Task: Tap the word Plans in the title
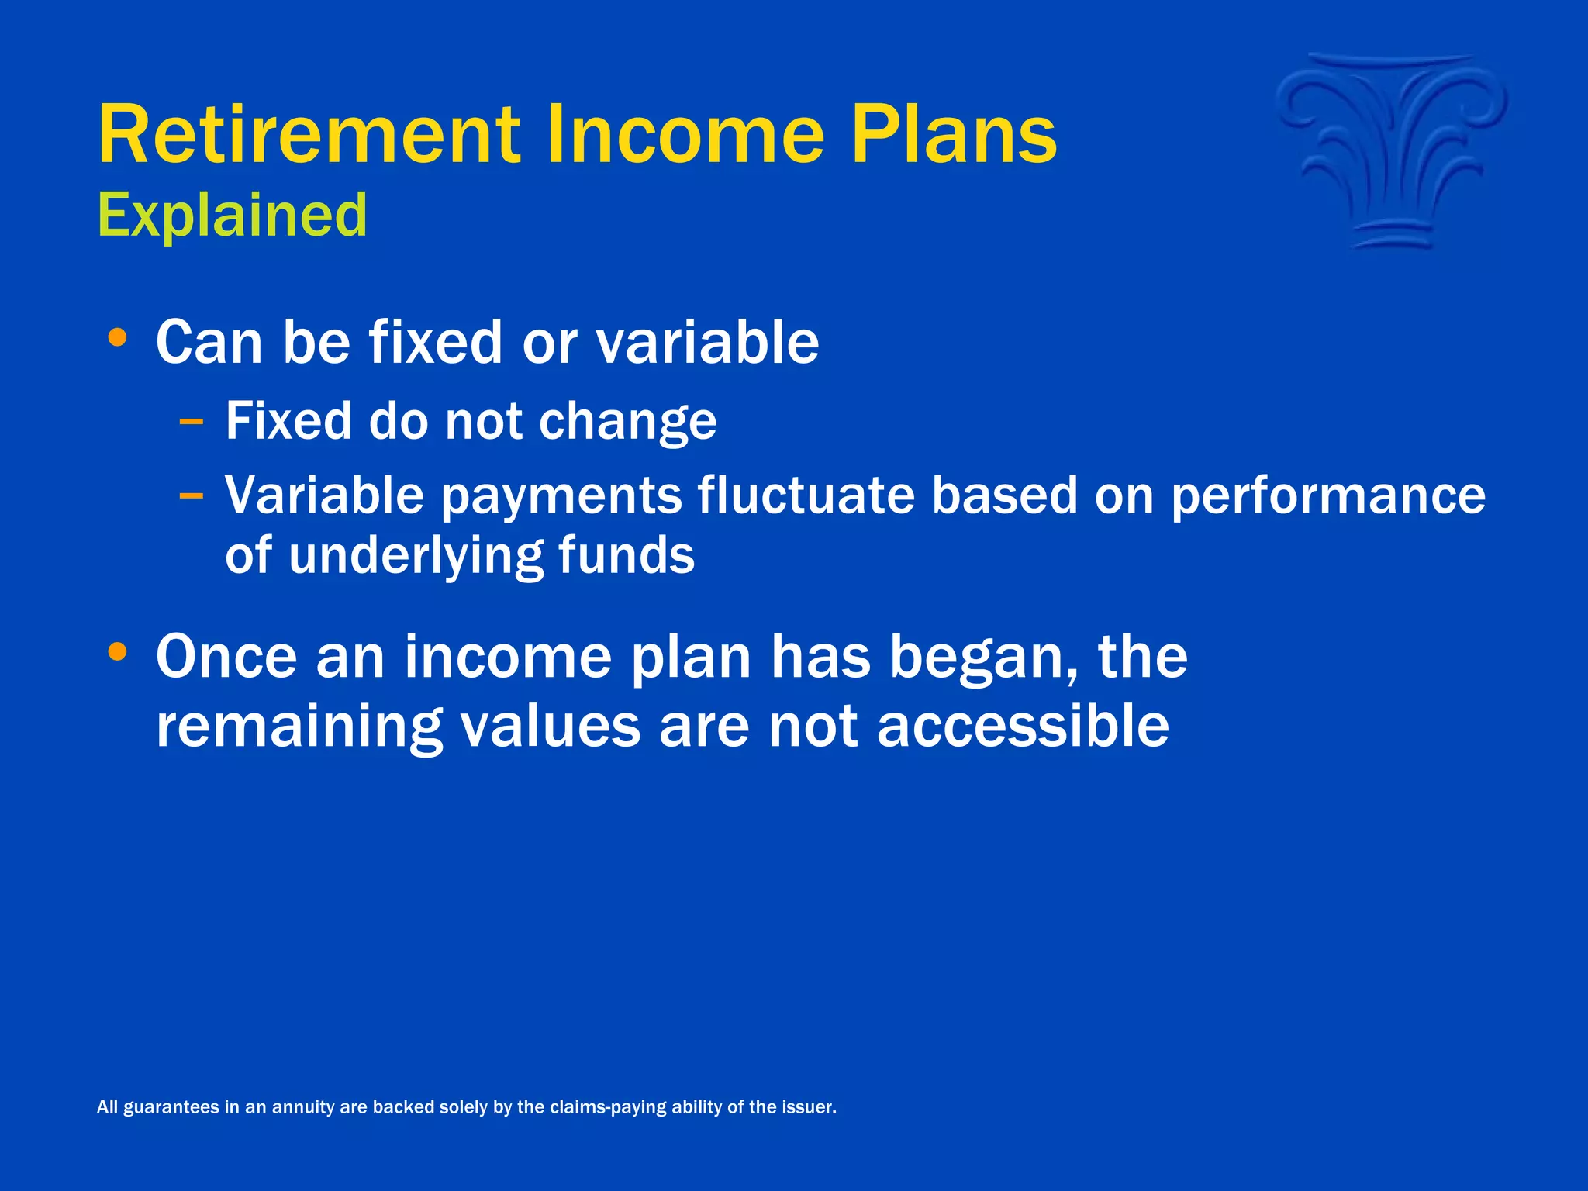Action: (954, 135)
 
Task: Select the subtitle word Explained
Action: (233, 216)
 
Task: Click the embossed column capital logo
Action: (1393, 152)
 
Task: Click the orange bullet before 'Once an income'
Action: (117, 652)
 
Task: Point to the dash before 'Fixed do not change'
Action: (191, 423)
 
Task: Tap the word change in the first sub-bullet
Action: (627, 423)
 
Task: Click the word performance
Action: (1327, 496)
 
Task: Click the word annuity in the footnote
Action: (301, 1107)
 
